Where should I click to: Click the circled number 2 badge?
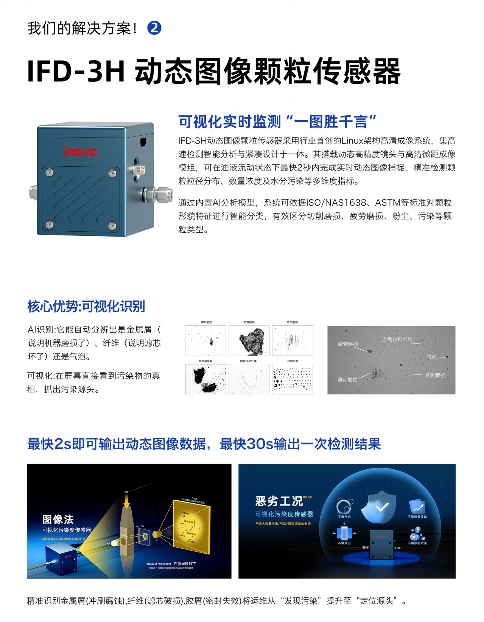[x=154, y=28]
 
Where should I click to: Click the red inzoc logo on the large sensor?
[x=80, y=151]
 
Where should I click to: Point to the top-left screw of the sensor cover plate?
[x=49, y=173]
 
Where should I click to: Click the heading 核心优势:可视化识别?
[x=86, y=306]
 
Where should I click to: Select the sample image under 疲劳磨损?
[x=249, y=340]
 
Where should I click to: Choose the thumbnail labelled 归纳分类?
[x=292, y=379]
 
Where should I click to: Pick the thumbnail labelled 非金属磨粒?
[x=205, y=379]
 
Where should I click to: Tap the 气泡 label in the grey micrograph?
[x=431, y=357]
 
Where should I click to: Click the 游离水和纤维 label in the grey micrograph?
[x=397, y=339]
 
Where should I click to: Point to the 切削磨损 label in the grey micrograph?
[x=436, y=375]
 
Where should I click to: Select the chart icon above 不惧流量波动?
[x=417, y=506]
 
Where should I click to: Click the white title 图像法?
[x=58, y=519]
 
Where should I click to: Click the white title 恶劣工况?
[x=279, y=501]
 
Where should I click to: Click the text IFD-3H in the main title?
[x=76, y=71]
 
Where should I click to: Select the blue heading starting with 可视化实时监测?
[x=277, y=122]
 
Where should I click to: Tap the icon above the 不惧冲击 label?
[x=344, y=533]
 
